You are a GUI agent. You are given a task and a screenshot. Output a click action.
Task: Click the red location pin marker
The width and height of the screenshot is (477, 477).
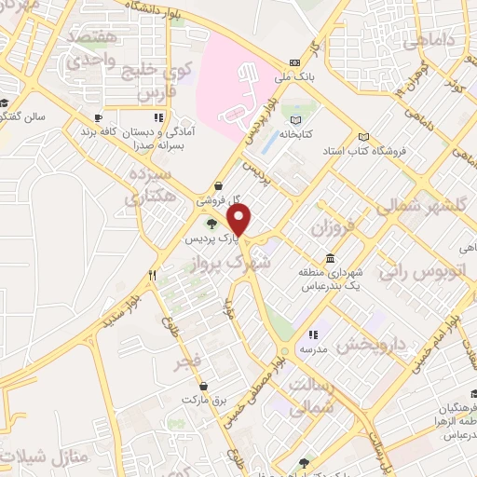(239, 220)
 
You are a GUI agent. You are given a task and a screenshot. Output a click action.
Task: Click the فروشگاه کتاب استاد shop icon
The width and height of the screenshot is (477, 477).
(363, 136)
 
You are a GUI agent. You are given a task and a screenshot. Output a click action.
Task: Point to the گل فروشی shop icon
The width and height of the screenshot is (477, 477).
(218, 185)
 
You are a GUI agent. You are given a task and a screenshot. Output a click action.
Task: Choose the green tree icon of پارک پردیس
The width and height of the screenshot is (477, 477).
(211, 224)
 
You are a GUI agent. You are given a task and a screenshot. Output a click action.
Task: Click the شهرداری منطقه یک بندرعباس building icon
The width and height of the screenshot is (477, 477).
(330, 259)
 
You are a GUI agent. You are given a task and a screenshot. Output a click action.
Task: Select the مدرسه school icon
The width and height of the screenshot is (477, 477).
(314, 334)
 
